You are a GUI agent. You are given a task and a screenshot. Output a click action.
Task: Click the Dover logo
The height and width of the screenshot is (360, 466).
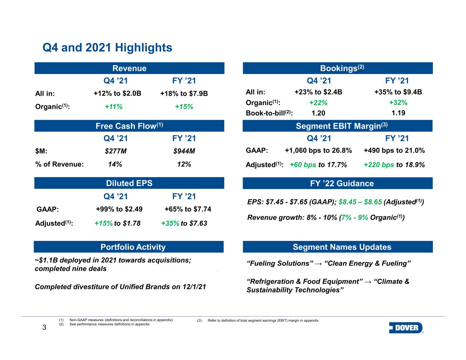[x=406, y=328]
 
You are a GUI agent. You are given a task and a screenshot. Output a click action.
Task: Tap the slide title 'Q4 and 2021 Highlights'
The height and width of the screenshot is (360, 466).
[x=107, y=47]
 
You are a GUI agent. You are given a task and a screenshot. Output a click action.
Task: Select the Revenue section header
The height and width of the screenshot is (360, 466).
[x=129, y=68]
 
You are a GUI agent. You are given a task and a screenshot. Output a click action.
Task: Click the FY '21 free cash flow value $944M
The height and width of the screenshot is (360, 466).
[x=184, y=151]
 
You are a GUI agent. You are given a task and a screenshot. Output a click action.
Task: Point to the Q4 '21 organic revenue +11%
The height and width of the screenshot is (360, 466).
[x=113, y=106]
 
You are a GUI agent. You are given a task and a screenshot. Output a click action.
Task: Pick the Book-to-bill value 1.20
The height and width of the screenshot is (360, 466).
[x=318, y=113]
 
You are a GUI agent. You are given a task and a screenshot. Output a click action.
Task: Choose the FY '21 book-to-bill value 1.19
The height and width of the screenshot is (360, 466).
[x=398, y=113]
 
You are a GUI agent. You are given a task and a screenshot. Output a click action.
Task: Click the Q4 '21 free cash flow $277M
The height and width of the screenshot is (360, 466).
[x=116, y=151]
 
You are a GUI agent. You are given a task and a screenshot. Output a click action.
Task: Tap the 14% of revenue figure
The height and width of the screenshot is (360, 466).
[x=115, y=164]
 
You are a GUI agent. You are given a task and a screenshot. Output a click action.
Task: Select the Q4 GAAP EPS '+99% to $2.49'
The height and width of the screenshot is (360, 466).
[x=119, y=209]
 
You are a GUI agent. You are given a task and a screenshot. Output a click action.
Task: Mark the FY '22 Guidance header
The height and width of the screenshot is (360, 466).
[x=342, y=184]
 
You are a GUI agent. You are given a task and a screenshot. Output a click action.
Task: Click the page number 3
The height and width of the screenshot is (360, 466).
[x=44, y=327]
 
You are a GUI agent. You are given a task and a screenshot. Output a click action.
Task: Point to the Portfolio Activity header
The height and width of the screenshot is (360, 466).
[x=133, y=247]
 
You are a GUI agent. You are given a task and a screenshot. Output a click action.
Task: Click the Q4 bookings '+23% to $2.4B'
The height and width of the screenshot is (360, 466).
[x=318, y=92]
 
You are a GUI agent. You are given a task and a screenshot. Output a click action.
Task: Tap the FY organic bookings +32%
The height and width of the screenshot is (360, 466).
[x=398, y=102]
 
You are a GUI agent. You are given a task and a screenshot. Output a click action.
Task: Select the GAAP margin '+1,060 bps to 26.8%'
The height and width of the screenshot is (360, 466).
[x=318, y=150]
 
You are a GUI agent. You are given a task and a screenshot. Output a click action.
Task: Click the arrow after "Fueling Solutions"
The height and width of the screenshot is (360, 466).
[x=319, y=264]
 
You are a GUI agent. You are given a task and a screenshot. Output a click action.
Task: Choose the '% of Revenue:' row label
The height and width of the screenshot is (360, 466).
[x=59, y=164]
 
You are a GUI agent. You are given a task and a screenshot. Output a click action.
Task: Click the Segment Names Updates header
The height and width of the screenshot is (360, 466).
[x=342, y=247]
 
